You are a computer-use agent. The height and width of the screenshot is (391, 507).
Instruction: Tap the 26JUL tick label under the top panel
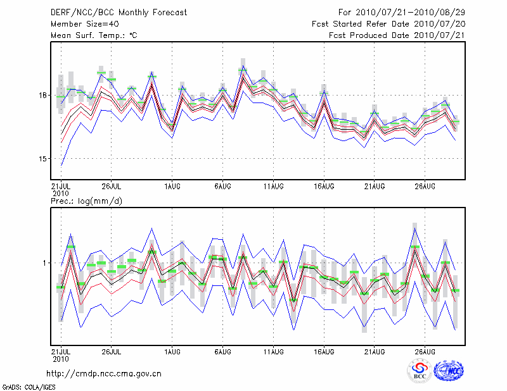click(x=111, y=186)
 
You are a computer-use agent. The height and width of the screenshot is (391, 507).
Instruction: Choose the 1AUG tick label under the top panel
click(x=171, y=186)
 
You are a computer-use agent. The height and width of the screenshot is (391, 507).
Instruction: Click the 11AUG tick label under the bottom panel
click(x=273, y=350)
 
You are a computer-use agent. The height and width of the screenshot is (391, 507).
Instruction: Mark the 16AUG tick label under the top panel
click(x=323, y=186)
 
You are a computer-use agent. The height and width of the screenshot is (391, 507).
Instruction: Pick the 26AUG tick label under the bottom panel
click(x=425, y=350)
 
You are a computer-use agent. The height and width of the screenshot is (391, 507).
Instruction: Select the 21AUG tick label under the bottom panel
click(x=374, y=350)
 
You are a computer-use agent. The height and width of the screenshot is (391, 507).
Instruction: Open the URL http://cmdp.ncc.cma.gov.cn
click(x=104, y=373)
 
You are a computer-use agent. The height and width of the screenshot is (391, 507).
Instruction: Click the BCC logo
click(x=420, y=371)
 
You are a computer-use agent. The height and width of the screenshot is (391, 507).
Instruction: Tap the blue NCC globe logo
click(x=448, y=371)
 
